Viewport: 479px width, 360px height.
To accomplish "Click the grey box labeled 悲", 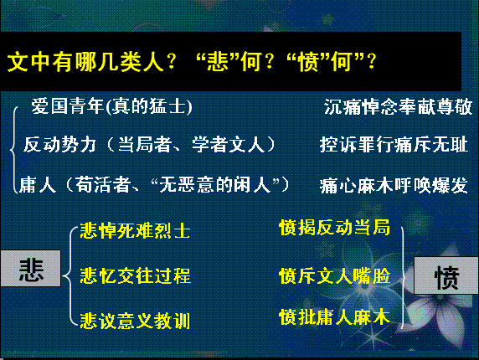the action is point(30,269).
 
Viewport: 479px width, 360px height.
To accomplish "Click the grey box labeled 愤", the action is point(446,275).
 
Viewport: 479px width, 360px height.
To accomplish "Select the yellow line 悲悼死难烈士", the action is point(135,230).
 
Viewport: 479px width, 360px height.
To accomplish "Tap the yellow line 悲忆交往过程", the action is point(135,275).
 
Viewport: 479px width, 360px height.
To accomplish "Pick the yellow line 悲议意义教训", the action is point(135,321).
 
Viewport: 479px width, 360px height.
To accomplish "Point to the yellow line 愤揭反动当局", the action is point(334,228).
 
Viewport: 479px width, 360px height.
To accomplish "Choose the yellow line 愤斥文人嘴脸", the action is point(334,275).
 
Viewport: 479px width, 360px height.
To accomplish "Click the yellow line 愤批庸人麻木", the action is point(334,317).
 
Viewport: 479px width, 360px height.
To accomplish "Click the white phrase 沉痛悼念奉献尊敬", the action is point(398,107).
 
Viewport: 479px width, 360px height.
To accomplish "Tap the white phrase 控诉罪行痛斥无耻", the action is point(394,145).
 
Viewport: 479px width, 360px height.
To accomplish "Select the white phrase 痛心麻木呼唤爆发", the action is point(394,185).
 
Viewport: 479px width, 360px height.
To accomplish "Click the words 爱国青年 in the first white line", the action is point(68,106).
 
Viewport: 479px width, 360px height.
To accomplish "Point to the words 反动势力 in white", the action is point(60,145).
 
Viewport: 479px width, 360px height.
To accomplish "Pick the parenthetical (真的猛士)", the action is point(149,106).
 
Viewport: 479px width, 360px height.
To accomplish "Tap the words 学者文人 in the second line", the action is point(229,145).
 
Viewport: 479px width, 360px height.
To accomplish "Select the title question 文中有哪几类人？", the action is point(91,62).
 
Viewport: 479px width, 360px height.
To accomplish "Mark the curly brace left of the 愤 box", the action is point(404,277).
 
